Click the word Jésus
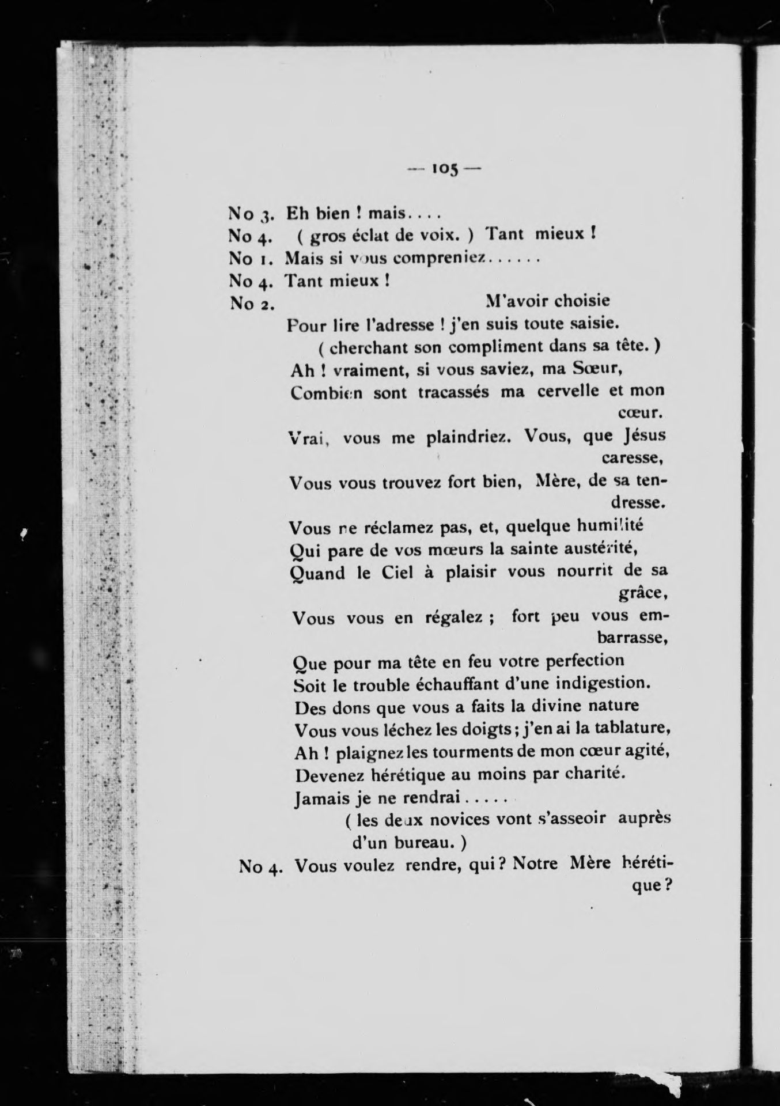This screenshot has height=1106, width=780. click(x=645, y=435)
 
